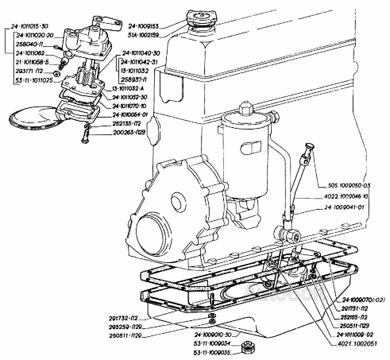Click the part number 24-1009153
[x=143, y=27]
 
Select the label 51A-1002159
[x=144, y=35]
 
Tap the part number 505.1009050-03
[x=345, y=186]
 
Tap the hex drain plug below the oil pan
[x=247, y=348]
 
